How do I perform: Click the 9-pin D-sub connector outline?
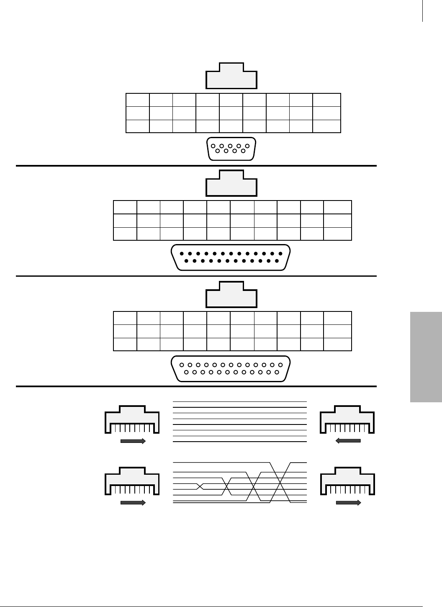[231, 149]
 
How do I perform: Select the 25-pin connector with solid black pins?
[231, 257]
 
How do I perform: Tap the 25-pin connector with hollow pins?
[231, 368]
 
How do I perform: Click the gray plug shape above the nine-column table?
[231, 76]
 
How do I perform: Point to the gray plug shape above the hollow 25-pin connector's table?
[231, 295]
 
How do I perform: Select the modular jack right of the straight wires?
[347, 419]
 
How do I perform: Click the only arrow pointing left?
[348, 440]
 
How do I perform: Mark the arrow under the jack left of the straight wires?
[133, 440]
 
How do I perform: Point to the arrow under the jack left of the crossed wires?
[133, 503]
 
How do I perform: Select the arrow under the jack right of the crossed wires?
[348, 503]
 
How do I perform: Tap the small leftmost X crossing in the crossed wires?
[200, 486]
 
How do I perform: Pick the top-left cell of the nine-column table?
[138, 100]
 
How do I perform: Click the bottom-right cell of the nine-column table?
[327, 126]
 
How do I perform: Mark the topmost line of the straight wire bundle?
[239, 402]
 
